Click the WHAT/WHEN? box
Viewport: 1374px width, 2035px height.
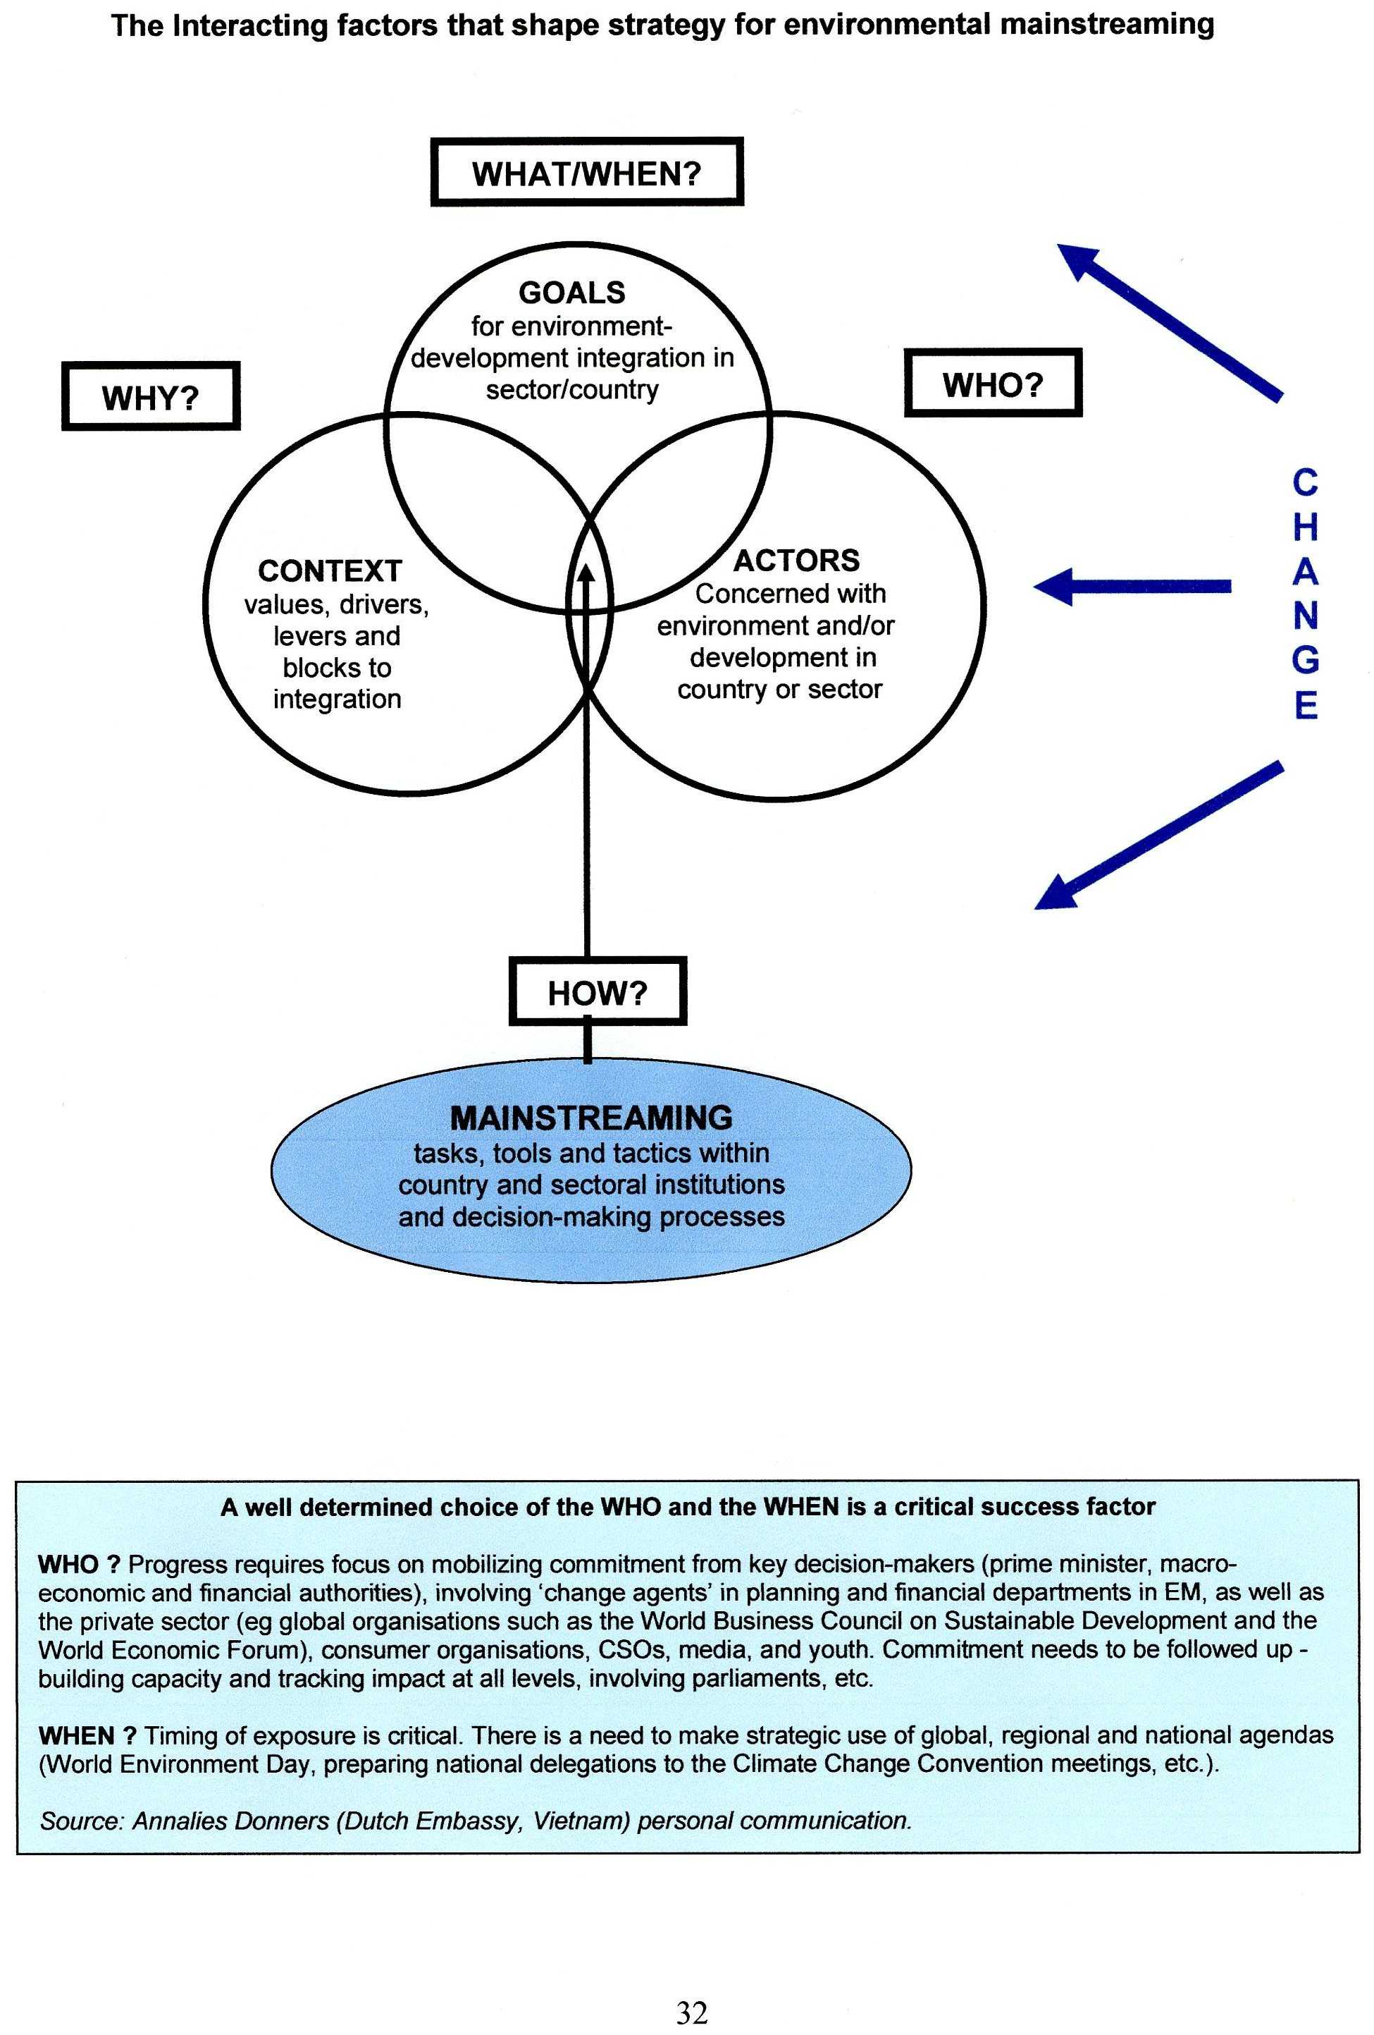pyautogui.click(x=586, y=173)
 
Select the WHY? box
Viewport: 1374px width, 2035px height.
pyautogui.click(x=151, y=397)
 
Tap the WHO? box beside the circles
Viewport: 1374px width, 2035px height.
pyautogui.click(x=992, y=384)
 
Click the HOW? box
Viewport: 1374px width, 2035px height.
pyautogui.click(x=598, y=992)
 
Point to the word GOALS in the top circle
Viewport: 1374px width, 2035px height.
pyautogui.click(x=571, y=293)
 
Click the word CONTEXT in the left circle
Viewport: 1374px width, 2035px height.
pyautogui.click(x=330, y=571)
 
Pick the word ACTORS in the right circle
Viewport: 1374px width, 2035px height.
pyautogui.click(x=796, y=561)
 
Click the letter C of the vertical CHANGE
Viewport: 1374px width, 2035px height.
pyautogui.click(x=1305, y=482)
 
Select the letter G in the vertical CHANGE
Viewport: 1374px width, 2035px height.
pyautogui.click(x=1305, y=660)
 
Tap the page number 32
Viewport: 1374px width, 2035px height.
pyautogui.click(x=691, y=2013)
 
